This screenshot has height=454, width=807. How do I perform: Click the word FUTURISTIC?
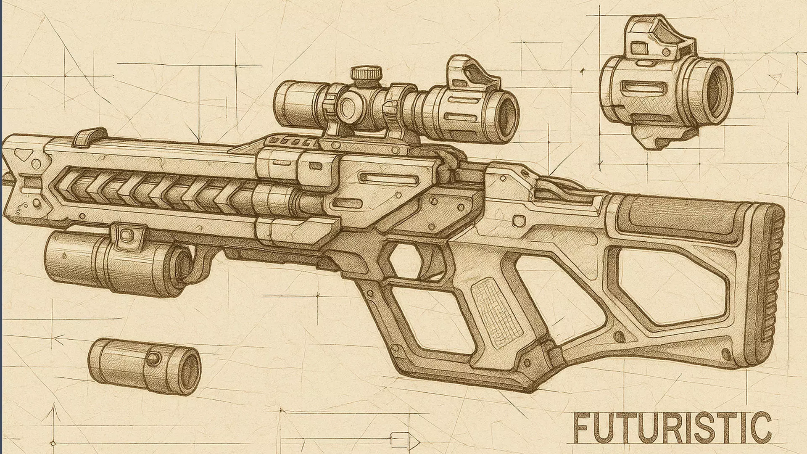tap(673, 427)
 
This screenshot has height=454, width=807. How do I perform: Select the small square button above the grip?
tap(519, 221)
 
